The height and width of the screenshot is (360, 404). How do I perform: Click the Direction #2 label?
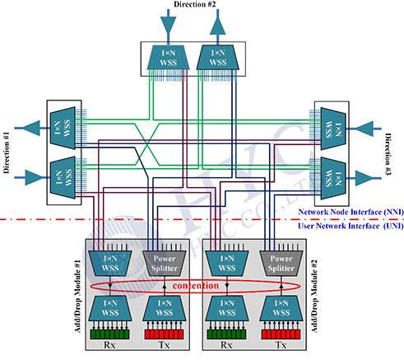(195, 4)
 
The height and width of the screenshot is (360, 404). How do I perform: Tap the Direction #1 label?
(7, 152)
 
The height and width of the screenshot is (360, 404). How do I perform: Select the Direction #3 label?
(388, 154)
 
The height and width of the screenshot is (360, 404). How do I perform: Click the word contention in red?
(196, 286)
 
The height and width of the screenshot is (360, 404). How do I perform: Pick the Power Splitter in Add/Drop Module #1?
(165, 263)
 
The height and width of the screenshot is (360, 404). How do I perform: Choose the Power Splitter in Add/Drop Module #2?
(281, 263)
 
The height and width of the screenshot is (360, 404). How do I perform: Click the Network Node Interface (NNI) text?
(351, 212)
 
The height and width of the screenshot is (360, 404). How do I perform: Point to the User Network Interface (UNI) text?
(351, 226)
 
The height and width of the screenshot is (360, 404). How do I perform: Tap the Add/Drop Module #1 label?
(78, 297)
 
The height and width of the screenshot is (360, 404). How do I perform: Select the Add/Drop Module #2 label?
(314, 296)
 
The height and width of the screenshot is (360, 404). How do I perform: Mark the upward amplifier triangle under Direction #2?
(218, 26)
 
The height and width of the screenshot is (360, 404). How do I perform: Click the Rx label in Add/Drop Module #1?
(109, 344)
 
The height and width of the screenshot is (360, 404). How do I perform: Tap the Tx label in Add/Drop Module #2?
(281, 344)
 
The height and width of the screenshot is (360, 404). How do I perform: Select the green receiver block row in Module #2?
(226, 334)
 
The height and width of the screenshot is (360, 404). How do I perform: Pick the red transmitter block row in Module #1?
(164, 334)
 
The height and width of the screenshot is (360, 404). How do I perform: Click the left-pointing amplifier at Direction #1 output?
(31, 128)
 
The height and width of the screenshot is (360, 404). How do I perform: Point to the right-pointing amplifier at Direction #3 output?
(365, 178)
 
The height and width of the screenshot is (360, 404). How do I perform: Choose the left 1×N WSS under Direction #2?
(168, 58)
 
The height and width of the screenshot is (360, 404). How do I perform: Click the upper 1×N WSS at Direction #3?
(333, 129)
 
